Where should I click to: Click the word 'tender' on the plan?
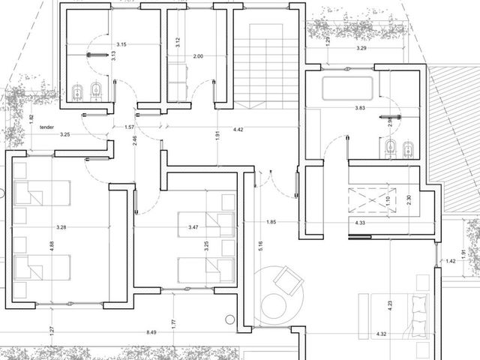click(46, 127)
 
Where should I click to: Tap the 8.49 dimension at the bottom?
click(151, 332)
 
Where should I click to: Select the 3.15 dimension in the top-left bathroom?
click(121, 44)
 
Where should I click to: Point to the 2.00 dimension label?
click(198, 56)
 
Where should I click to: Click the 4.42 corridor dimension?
click(238, 130)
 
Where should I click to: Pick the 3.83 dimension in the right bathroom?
click(360, 108)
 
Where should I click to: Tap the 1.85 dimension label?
click(271, 222)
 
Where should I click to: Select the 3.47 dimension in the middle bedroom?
click(193, 227)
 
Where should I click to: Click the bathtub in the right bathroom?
click(347, 88)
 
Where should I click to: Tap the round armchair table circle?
click(273, 307)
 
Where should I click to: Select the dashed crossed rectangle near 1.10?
click(372, 200)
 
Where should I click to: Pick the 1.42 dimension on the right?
click(451, 261)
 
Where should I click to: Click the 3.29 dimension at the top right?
click(361, 48)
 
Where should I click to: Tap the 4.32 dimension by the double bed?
click(381, 334)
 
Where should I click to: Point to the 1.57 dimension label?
click(130, 127)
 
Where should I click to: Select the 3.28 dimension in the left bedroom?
click(61, 227)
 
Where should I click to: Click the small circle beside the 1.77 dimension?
click(230, 319)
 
